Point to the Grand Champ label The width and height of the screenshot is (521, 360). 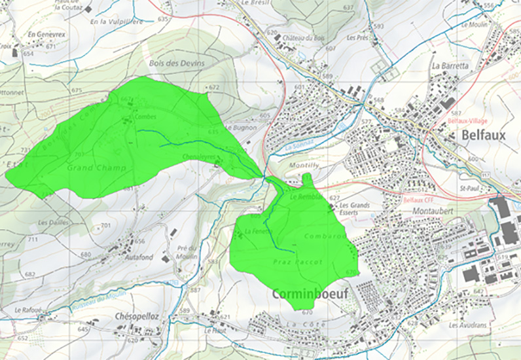click(x=88, y=168)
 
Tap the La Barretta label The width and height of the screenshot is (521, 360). click(x=450, y=66)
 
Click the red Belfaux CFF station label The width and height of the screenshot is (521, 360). click(x=420, y=199)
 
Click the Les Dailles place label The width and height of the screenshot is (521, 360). click(x=52, y=223)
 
